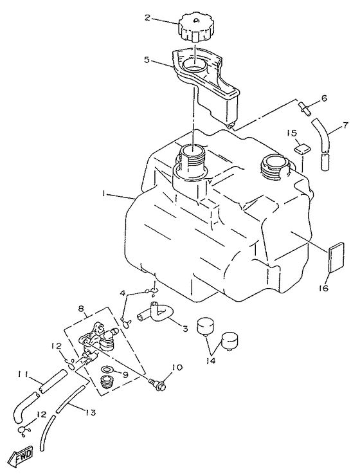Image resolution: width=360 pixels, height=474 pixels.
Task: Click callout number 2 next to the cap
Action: pos(148,19)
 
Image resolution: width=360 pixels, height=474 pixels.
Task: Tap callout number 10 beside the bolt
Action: pos(177,368)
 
